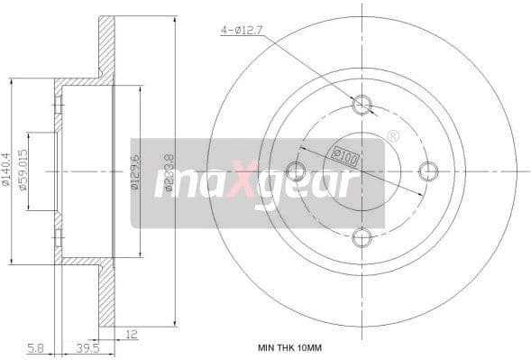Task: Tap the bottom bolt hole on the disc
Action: click(x=362, y=236)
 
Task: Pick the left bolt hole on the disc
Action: click(x=296, y=170)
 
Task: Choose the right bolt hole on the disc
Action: click(x=428, y=170)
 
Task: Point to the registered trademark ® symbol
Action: click(x=392, y=135)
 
